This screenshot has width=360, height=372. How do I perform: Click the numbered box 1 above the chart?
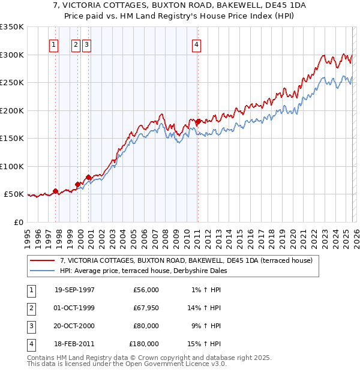click(x=54, y=44)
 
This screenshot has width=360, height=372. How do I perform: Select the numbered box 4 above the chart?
click(x=196, y=44)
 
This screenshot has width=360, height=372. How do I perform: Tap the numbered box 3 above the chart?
click(x=86, y=44)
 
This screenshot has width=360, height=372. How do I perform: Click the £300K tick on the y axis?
click(x=12, y=55)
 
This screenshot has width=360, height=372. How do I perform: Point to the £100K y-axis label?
click(x=12, y=166)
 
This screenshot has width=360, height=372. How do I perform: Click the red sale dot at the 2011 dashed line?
click(x=197, y=122)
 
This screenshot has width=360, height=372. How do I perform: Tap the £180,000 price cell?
click(x=144, y=344)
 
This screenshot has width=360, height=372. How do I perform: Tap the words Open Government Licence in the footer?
click(x=173, y=364)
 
